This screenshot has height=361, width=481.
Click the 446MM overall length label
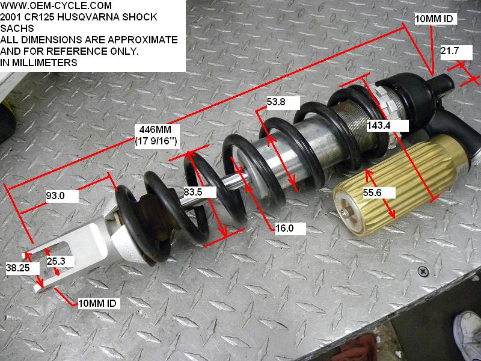(x=160, y=131)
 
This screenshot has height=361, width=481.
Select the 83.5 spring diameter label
(x=194, y=192)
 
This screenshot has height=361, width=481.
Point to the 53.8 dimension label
(x=276, y=102)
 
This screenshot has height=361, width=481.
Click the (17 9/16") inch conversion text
(x=160, y=142)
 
